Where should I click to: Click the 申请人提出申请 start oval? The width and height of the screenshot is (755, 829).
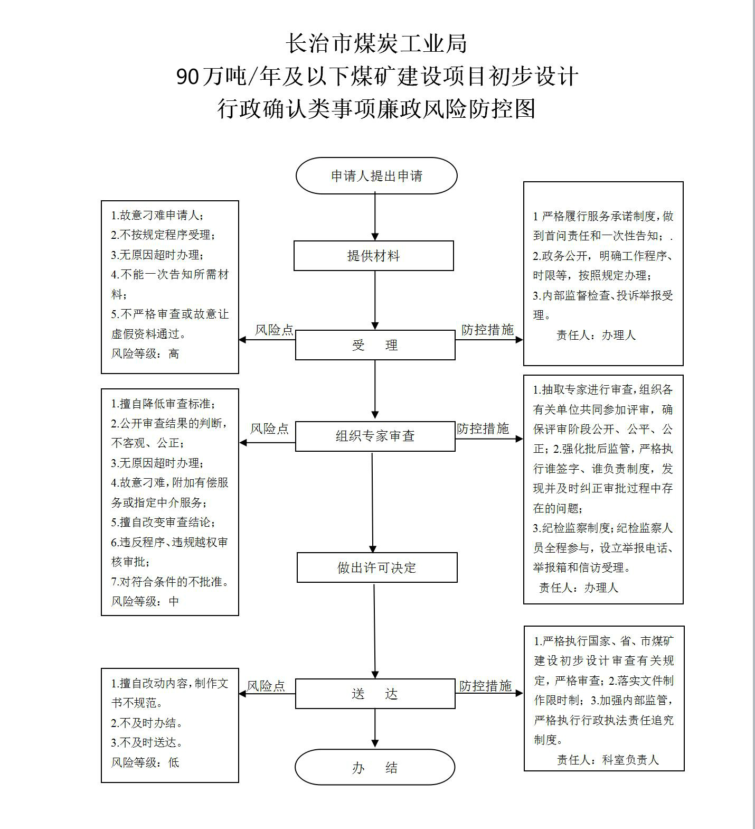pyautogui.click(x=376, y=176)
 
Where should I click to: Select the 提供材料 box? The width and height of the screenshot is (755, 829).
pyautogui.click(x=374, y=256)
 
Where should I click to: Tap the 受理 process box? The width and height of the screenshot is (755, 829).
pyautogui.click(x=375, y=345)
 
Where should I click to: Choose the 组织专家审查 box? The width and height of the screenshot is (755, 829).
pyautogui.click(x=375, y=436)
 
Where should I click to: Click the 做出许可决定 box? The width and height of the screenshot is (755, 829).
pyautogui.click(x=377, y=567)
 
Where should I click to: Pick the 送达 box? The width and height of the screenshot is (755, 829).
pyautogui.click(x=375, y=694)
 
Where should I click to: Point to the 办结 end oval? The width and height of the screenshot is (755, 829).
pyautogui.click(x=375, y=768)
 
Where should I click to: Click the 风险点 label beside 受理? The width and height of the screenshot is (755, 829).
pyautogui.click(x=274, y=330)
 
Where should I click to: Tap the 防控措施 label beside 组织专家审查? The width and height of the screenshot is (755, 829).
pyautogui.click(x=483, y=429)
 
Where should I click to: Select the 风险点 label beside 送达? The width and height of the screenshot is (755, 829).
pyautogui.click(x=266, y=686)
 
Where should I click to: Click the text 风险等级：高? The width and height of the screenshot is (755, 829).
pyautogui.click(x=145, y=353)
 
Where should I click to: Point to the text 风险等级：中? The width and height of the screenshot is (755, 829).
pyautogui.click(x=145, y=601)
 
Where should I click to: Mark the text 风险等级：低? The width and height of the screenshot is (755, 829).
pyautogui.click(x=145, y=762)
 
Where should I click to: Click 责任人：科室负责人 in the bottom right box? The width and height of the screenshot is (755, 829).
pyautogui.click(x=608, y=760)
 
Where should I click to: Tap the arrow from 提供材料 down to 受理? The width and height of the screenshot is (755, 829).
pyautogui.click(x=375, y=301)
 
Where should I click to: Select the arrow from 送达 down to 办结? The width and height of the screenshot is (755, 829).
pyautogui.click(x=375, y=729)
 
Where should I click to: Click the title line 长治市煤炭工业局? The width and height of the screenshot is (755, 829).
pyautogui.click(x=377, y=43)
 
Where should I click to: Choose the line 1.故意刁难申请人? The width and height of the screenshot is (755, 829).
pyautogui.click(x=157, y=215)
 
